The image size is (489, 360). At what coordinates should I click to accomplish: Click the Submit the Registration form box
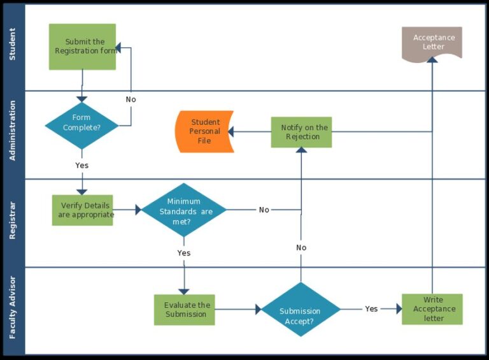(x=82, y=47)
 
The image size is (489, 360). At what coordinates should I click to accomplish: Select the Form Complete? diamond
(x=81, y=123)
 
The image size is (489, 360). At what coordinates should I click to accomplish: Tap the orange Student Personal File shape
(x=204, y=131)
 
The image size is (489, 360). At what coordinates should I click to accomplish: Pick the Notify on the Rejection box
(x=301, y=132)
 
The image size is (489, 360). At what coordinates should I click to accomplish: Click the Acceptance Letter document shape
(x=432, y=43)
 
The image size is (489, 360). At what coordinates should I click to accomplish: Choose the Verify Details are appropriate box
(x=82, y=210)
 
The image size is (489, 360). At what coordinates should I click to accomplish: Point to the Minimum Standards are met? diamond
(x=184, y=210)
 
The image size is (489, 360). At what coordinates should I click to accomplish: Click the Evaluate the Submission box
(x=185, y=310)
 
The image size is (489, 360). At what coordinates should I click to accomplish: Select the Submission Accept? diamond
(x=301, y=310)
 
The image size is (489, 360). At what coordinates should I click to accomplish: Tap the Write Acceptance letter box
(x=432, y=309)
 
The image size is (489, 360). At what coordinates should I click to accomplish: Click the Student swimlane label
(x=13, y=45)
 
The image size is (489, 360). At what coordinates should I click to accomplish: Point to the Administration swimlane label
(x=13, y=131)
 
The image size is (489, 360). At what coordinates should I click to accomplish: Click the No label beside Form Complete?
(x=131, y=99)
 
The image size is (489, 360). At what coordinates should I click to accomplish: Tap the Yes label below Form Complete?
(x=81, y=165)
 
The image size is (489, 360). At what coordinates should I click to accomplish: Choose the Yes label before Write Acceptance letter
(x=371, y=309)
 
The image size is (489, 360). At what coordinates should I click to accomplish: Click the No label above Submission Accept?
(x=301, y=247)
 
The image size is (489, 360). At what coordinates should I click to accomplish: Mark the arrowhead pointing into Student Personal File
(x=231, y=132)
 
